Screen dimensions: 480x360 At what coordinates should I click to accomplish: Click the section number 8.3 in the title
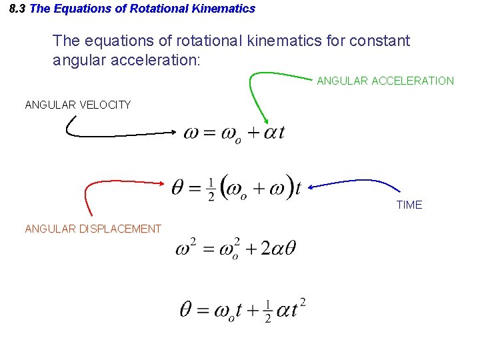point(19,9)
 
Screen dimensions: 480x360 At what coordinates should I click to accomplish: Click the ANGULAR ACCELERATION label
point(385,81)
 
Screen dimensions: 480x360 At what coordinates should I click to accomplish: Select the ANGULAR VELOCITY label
point(77,105)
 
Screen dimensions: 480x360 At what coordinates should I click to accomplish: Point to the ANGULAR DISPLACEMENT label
point(93,229)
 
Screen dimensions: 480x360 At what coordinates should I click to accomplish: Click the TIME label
point(409,205)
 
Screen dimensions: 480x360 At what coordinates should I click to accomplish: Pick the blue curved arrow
point(360,181)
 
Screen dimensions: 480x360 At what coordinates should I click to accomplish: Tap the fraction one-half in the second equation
point(211,189)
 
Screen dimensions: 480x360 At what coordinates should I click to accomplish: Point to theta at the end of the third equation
point(289,249)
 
